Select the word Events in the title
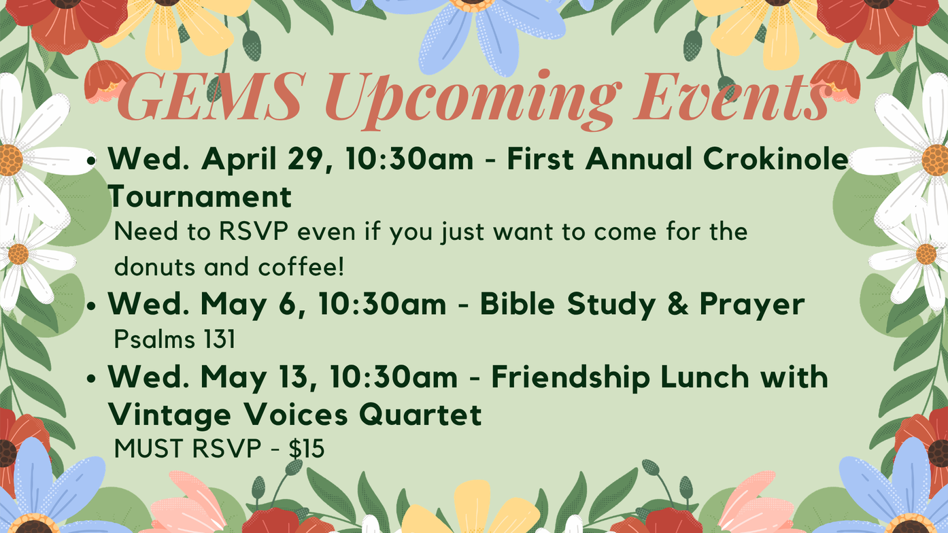coord(733,97)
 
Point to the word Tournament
coord(200,196)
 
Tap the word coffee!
coord(301,266)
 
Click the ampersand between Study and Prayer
coord(678,304)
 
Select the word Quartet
coord(420,414)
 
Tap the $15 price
coord(307,449)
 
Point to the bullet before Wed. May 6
coord(91,306)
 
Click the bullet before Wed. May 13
coord(91,379)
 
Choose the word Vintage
coord(169,415)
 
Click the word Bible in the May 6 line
coord(517,304)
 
